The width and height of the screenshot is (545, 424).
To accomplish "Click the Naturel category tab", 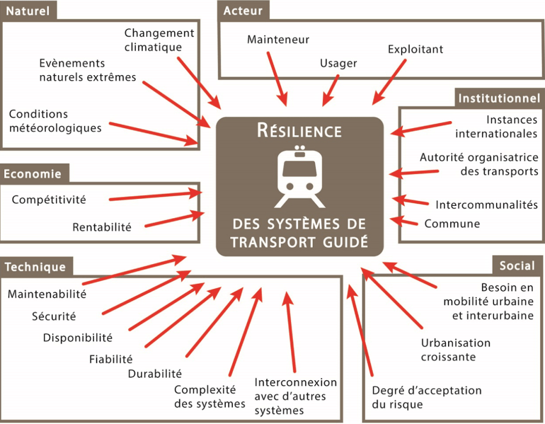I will (28, 11).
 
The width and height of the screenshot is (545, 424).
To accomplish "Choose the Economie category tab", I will (32, 174).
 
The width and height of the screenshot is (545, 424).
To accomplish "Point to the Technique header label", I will (35, 267).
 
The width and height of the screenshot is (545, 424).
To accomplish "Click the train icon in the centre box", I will (299, 177).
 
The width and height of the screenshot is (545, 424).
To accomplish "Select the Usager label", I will (338, 63).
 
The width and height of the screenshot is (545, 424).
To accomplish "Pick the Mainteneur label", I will (278, 39).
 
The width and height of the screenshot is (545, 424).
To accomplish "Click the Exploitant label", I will (416, 50).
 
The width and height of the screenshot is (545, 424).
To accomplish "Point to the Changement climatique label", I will (159, 40).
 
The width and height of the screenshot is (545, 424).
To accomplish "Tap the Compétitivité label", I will (48, 200).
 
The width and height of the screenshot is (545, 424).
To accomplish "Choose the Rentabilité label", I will (102, 227).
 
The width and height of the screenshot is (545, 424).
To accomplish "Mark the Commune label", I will (452, 223).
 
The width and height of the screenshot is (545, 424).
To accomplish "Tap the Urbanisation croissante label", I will (455, 349).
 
